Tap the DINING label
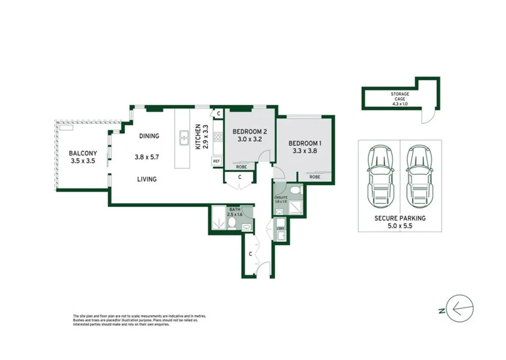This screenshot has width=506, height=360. click(150, 136)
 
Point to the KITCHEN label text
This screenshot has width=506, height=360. click(198, 137)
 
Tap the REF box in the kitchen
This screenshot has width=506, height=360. click(216, 161)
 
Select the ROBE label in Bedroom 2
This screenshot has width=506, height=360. click(241, 167)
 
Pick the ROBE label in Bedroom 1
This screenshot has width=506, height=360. click(315, 177)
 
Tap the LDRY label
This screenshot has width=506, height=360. click(281, 228)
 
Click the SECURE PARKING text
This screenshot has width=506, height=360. click(400, 218)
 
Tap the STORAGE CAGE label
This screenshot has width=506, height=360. click(400, 97)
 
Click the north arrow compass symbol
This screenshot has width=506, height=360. click(459, 308)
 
